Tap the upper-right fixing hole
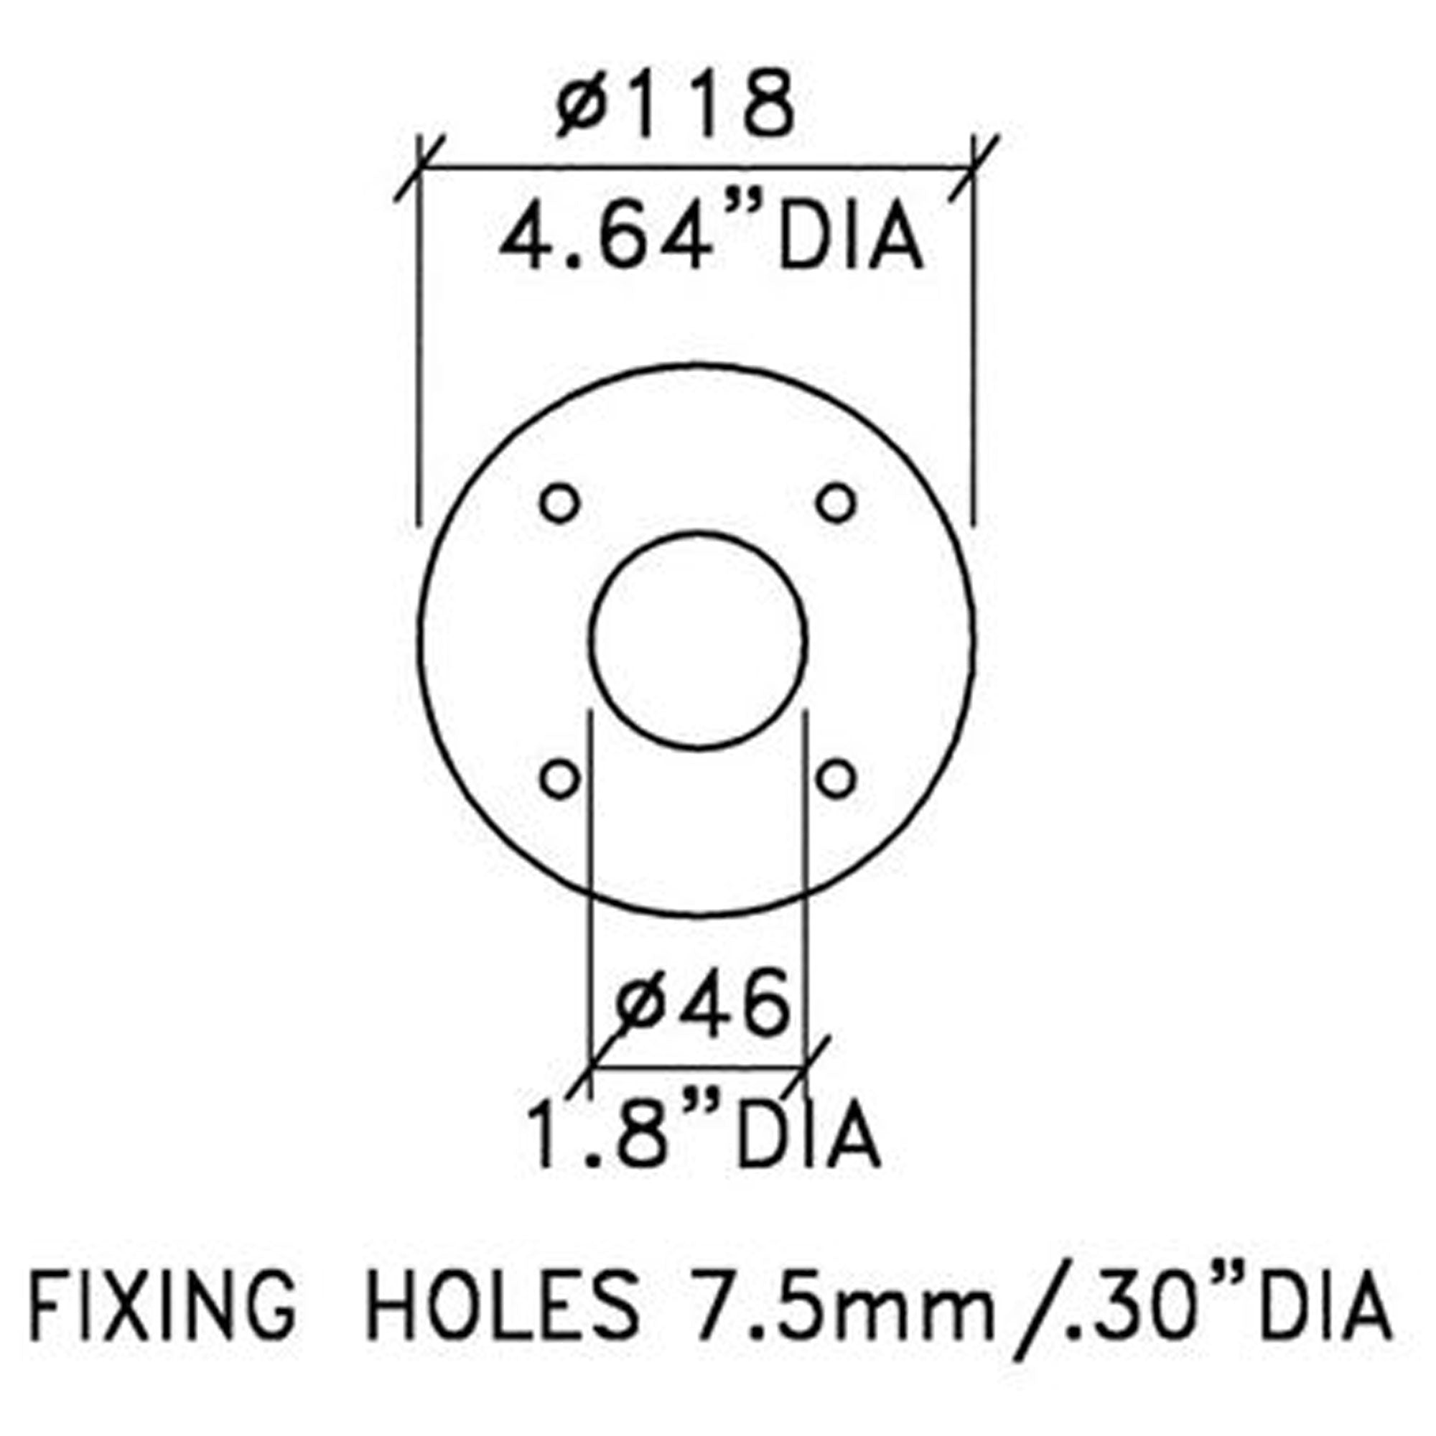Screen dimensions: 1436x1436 (836, 503)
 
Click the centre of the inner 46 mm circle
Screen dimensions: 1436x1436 (698, 640)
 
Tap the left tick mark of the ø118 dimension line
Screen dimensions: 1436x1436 (419, 169)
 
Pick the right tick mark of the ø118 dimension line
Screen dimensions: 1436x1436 (974, 169)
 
